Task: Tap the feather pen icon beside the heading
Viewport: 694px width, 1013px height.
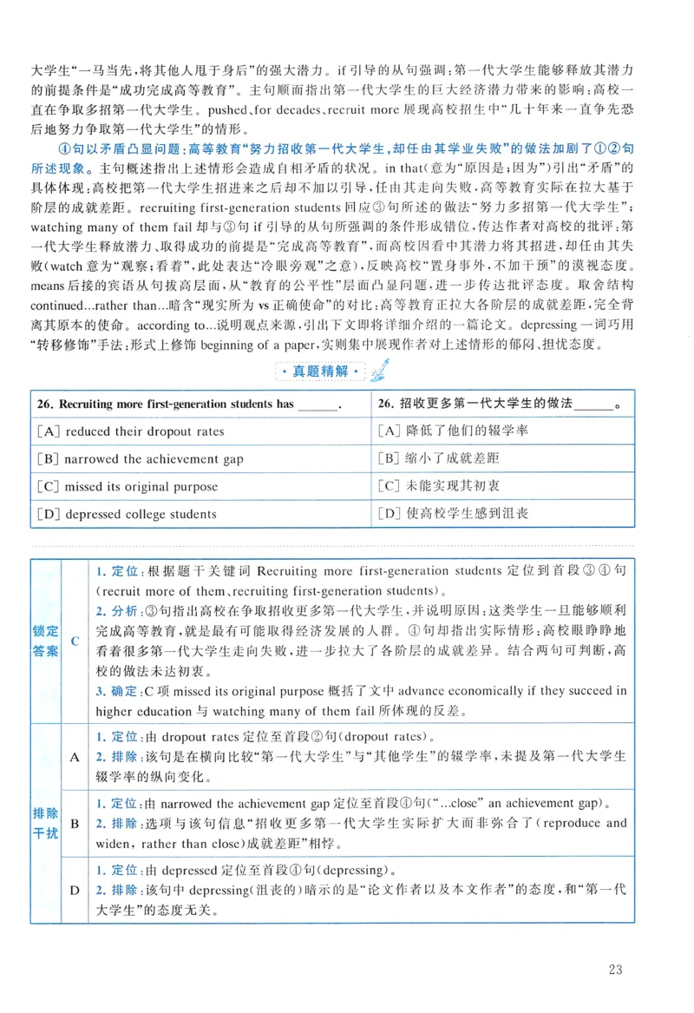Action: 378,371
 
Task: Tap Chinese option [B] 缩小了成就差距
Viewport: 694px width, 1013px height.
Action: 441,459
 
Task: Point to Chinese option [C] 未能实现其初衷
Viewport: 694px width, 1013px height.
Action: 440,487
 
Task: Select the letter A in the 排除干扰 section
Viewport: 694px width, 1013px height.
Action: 75,757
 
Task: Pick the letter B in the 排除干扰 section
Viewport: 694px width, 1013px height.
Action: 75,822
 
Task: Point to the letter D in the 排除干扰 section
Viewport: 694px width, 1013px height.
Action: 75,891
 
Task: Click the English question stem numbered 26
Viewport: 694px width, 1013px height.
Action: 187,405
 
